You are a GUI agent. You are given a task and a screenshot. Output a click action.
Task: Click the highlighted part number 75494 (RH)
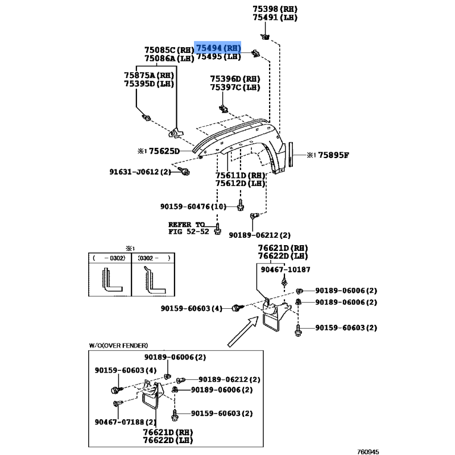coord(218,48)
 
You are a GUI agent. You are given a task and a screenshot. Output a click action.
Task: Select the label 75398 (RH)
coord(275,9)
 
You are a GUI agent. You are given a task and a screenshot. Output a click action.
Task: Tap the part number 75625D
coord(164,151)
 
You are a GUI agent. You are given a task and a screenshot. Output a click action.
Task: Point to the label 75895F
coord(333,155)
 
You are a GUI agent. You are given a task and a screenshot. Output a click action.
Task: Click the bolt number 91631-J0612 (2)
coord(140,172)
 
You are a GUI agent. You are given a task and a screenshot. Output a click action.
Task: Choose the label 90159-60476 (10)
coord(193,206)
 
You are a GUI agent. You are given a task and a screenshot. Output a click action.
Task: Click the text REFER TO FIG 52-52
coord(189,228)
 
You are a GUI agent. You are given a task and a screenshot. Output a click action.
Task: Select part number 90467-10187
coord(286,270)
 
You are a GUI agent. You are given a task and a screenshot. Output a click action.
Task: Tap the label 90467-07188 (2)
coord(125,421)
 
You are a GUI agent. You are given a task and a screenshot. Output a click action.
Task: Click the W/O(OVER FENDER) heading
coord(118,346)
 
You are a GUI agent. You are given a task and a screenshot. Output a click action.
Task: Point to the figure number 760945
coord(368,452)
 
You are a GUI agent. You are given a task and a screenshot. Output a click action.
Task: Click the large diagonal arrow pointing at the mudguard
coord(243,332)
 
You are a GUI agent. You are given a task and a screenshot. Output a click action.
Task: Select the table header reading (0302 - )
coord(154,258)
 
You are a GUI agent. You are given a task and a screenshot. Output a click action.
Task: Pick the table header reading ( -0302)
coord(109,258)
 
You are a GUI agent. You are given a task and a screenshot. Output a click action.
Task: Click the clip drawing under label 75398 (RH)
coord(265,37)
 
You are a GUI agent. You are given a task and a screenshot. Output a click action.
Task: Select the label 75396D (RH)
coord(235,78)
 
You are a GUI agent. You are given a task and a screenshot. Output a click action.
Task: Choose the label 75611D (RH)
coord(240,175)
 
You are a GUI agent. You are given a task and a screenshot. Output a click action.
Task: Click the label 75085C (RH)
coord(169,50)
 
